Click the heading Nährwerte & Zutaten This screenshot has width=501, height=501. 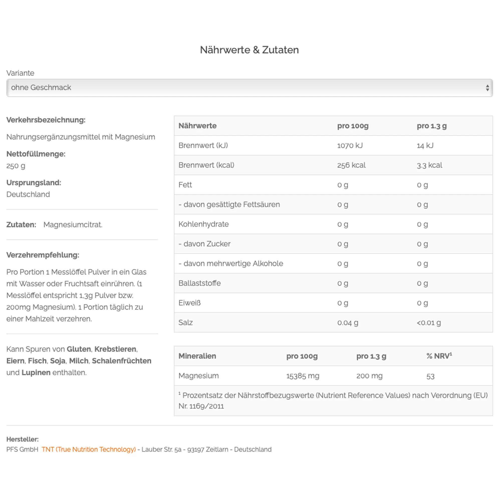tap(249, 50)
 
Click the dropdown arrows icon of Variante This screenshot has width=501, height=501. tap(487, 88)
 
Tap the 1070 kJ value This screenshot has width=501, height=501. tap(349, 146)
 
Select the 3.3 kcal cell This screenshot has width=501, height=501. tap(429, 165)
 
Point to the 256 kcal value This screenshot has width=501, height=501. tap(351, 165)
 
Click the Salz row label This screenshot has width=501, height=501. tap(185, 323)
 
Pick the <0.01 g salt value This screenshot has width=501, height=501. tap(429, 323)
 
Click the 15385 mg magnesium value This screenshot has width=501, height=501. tap(303, 376)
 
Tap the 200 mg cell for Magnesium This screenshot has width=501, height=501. tap(369, 376)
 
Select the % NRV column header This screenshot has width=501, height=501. tap(439, 356)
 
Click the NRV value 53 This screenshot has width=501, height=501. tap(430, 376)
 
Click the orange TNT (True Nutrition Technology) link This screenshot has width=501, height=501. tap(89, 449)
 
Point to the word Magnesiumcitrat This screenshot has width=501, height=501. tap(73, 224)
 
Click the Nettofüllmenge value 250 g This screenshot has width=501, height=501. tap(16, 166)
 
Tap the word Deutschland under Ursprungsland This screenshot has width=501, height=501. tap(28, 194)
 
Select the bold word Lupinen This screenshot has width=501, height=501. tap(36, 372)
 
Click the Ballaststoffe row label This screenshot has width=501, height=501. tap(199, 283)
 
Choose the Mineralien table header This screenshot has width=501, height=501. tap(197, 356)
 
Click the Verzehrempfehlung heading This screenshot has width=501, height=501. tap(43, 255)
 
